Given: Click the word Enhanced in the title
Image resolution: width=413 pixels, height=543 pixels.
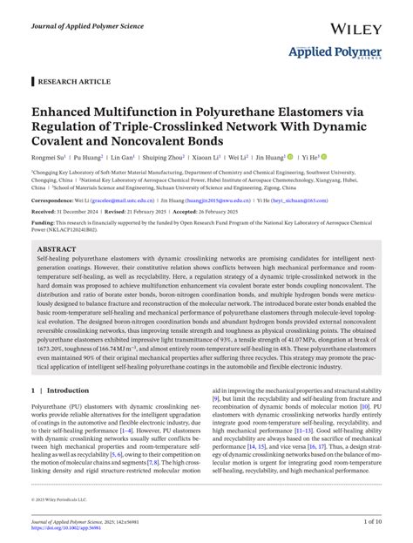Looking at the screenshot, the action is pyautogui.click(x=66, y=113).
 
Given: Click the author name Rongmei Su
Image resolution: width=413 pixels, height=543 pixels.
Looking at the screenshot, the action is pyautogui.click(x=50, y=159).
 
